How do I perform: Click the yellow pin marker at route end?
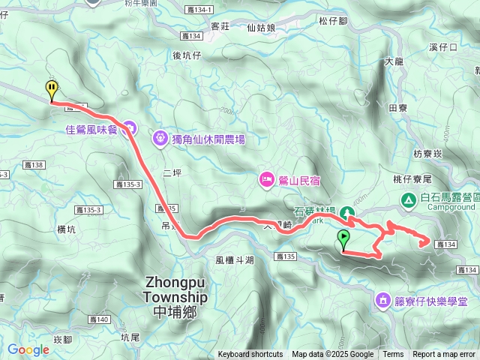click(51, 89)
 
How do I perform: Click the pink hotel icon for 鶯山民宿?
click(265, 179)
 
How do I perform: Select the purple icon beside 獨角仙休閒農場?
click(160, 139)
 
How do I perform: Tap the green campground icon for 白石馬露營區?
click(409, 199)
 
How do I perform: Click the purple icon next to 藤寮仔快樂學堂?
click(383, 301)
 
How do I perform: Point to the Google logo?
click(28, 349)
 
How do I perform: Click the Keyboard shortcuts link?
click(250, 355)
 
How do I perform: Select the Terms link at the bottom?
click(393, 355)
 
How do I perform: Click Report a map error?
click(444, 355)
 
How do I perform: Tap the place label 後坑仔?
click(187, 55)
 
